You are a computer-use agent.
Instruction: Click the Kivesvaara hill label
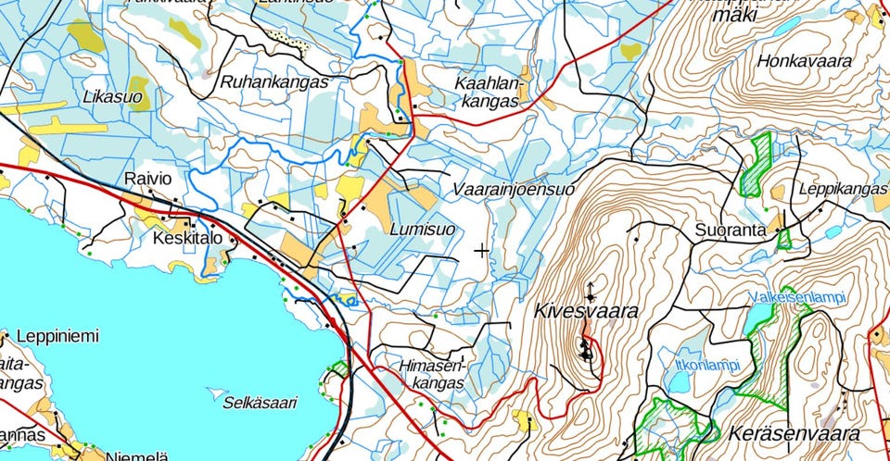[586, 311]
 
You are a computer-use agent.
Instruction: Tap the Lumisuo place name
[422, 228]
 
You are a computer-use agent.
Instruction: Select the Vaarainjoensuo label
[514, 189]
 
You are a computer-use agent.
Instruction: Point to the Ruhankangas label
[274, 81]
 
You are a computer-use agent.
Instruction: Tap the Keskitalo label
[188, 239]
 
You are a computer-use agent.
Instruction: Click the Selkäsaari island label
[261, 402]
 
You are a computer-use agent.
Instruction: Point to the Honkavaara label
[804, 62]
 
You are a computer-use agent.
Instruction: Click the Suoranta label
[731, 229]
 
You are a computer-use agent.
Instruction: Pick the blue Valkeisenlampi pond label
[798, 297]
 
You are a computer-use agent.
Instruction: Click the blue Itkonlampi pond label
[708, 365]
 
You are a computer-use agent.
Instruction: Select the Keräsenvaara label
[795, 433]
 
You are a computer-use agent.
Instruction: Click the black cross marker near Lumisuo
[481, 250]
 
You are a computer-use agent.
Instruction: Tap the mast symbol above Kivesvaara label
[591, 289]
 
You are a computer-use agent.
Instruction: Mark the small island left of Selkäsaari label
[216, 392]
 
